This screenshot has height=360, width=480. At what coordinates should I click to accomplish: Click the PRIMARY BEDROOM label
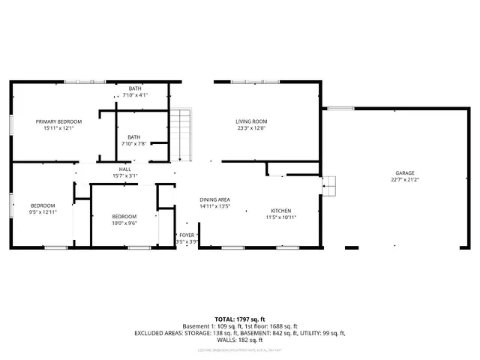click(x=58, y=121)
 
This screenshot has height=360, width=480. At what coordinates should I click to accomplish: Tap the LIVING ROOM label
click(x=251, y=121)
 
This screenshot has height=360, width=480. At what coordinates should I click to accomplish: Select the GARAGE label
click(x=405, y=172)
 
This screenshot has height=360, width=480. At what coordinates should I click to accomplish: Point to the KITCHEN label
click(x=281, y=211)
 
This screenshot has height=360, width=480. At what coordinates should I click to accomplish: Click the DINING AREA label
click(x=214, y=199)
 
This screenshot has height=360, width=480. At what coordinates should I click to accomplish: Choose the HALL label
click(x=125, y=169)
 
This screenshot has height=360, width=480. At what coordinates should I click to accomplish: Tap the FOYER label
click(x=187, y=235)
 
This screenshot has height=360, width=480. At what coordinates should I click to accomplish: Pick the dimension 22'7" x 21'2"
click(x=405, y=179)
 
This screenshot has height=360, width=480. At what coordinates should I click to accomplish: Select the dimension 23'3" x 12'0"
click(x=251, y=128)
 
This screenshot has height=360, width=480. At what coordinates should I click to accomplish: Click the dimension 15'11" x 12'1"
click(x=58, y=128)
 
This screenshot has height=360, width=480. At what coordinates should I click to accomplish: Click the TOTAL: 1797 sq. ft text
click(x=239, y=319)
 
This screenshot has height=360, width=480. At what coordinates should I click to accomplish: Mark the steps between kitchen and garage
click(x=328, y=184)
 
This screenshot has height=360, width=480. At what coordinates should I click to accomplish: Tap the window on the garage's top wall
click(x=341, y=109)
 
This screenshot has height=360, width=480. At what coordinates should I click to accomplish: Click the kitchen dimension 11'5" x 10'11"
click(x=281, y=217)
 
